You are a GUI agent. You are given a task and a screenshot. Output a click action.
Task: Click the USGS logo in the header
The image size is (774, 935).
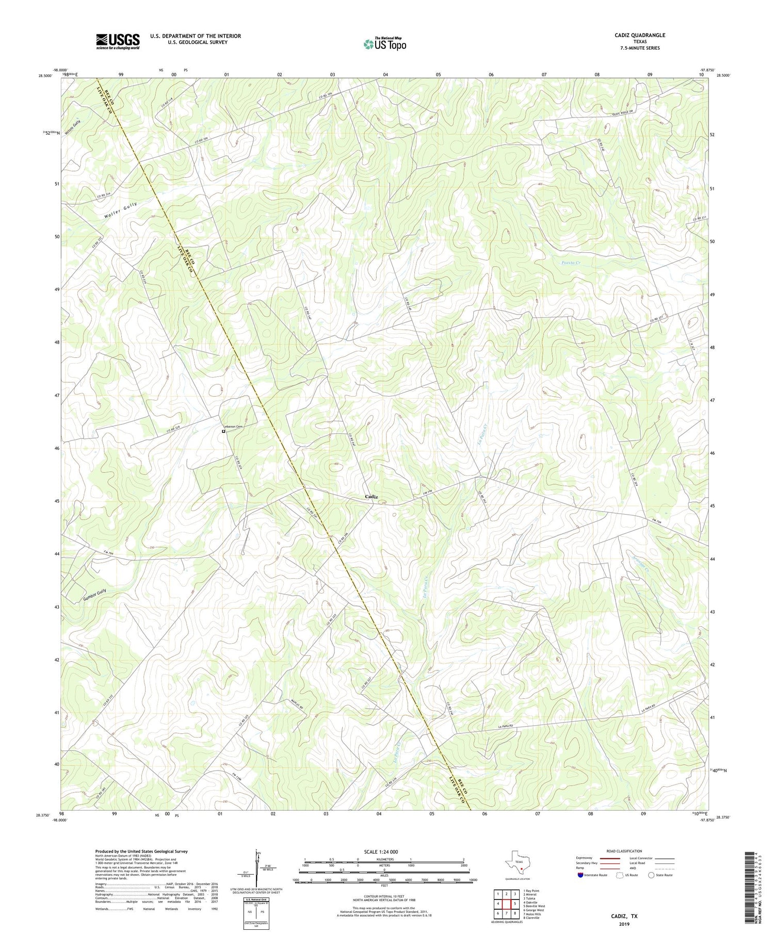click(118, 41)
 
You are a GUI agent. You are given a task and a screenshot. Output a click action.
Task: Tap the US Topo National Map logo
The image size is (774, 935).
click(384, 44)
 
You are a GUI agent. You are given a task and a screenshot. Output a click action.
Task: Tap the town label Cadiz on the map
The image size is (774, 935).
click(372, 497)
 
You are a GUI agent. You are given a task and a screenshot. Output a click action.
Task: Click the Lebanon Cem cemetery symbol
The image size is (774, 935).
click(224, 432)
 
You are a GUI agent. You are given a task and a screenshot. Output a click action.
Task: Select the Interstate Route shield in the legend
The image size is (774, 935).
click(580, 875)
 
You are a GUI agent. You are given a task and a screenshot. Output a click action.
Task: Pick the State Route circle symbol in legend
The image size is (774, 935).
click(652, 875)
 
